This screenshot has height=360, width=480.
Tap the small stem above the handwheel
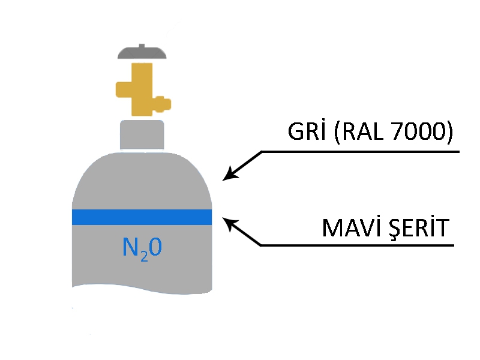(x=141, y=44)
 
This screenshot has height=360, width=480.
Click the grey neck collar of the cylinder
(x=142, y=135)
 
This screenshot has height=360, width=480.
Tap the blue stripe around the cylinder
(x=142, y=217)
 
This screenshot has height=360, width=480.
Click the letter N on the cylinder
(x=129, y=247)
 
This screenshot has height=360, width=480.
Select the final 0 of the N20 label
(x=154, y=247)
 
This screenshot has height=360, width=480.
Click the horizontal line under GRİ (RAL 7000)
(x=360, y=151)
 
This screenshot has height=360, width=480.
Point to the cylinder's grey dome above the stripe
(x=142, y=180)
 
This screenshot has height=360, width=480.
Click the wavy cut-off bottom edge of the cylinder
(x=142, y=290)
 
